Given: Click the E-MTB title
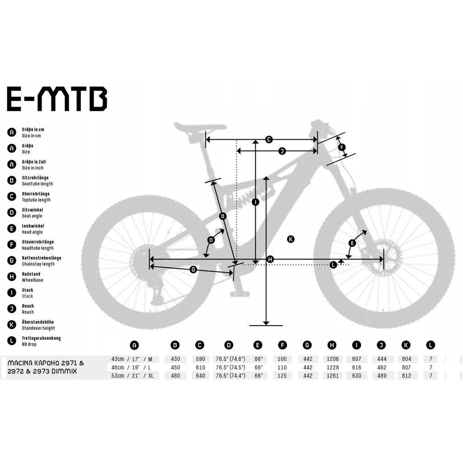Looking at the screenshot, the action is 57,99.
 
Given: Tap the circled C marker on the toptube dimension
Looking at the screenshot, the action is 269,139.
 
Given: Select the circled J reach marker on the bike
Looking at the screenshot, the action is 282,151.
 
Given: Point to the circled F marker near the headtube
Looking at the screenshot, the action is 342,147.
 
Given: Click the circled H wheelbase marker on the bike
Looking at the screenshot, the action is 270,259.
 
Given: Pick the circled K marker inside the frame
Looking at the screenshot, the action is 291,239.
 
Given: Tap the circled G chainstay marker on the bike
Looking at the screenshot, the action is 193,269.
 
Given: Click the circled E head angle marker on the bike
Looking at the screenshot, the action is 352,243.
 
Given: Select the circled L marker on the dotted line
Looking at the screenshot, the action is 333,265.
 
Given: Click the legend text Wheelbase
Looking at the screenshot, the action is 33,280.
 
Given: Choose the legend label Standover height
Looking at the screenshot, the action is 38,328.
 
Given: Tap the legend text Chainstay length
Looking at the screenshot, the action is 38,264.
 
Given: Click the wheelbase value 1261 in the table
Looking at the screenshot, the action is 332,376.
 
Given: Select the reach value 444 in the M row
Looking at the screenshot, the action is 382,359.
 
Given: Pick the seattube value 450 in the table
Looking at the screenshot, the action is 175,367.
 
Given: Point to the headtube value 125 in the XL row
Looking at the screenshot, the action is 282,376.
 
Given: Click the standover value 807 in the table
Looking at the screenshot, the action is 406,367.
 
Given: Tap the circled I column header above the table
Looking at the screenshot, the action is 356,345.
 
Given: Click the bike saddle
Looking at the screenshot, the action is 200,127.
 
